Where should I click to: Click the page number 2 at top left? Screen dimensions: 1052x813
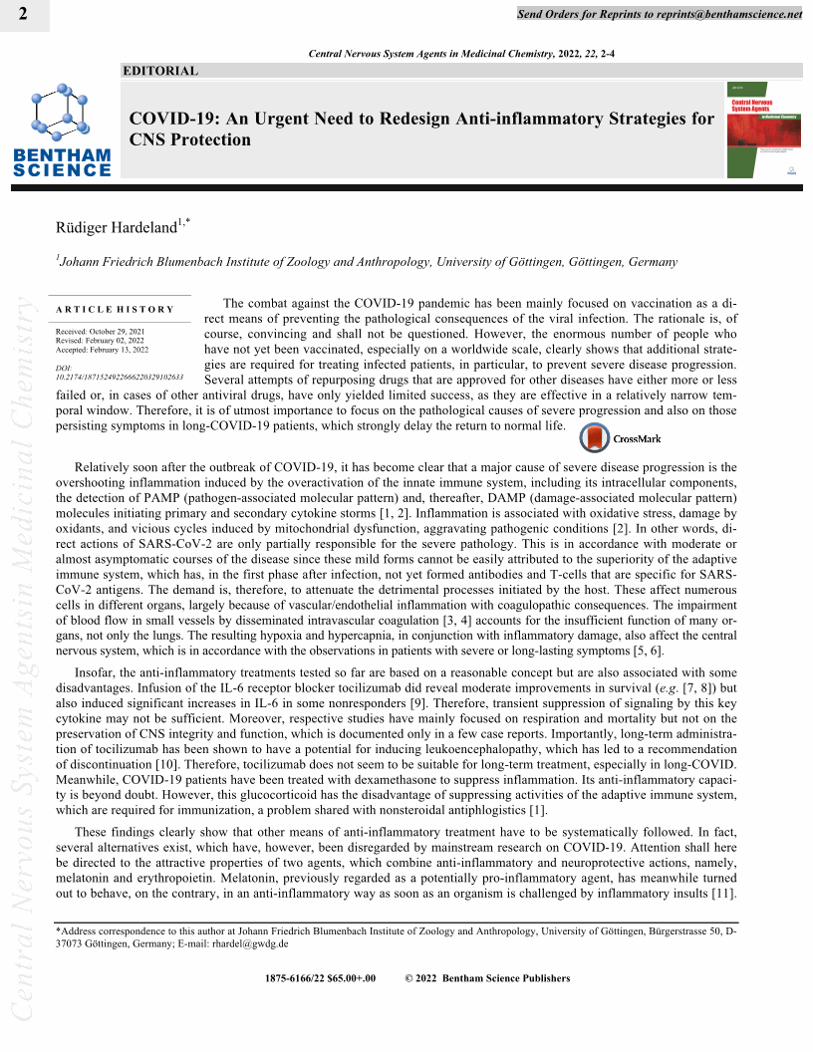[22, 13]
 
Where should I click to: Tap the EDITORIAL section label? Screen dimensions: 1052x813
[160, 71]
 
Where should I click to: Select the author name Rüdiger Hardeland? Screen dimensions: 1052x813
[118, 228]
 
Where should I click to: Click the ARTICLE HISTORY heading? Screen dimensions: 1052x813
[115, 310]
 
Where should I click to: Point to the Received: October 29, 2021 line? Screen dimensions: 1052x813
[101, 331]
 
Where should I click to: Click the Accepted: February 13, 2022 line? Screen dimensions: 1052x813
[102, 350]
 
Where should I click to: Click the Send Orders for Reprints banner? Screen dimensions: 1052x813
[660, 15]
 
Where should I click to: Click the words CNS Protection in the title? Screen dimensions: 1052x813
[190, 139]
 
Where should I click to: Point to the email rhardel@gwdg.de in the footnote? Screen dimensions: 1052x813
[253, 942]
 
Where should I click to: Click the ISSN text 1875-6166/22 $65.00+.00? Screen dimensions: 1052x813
[320, 978]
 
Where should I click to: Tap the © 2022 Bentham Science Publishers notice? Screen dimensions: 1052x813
[487, 978]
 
